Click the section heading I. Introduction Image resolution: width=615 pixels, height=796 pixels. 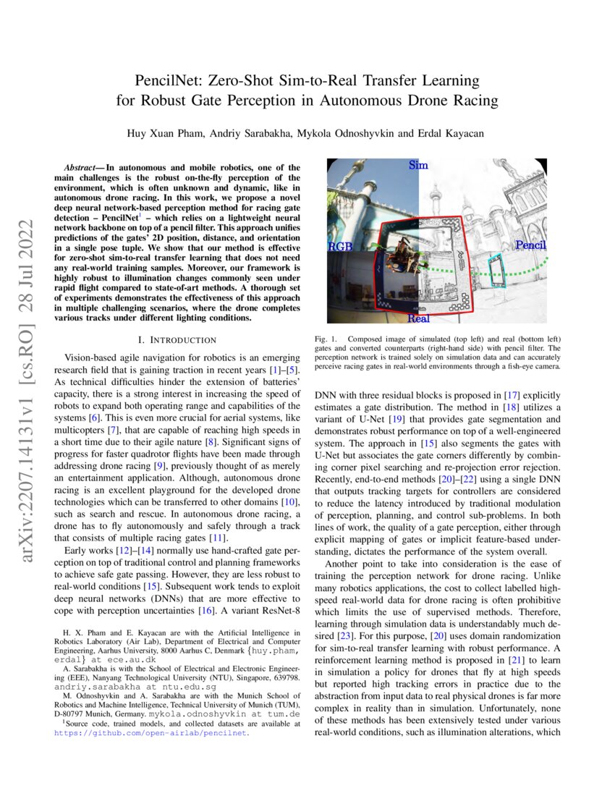[177, 339]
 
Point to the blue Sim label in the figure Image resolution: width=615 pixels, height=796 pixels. [418, 165]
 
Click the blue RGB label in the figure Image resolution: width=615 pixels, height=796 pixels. [340, 247]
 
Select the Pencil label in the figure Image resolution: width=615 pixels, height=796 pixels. [530, 245]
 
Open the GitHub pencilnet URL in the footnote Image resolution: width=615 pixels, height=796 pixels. [153, 732]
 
